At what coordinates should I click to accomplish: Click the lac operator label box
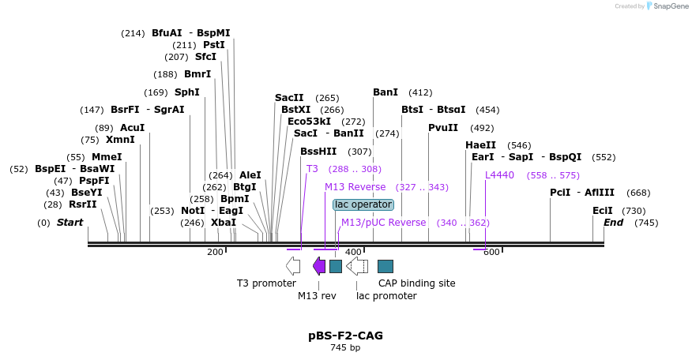tap(363, 204)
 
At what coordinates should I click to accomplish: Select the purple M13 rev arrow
tap(319, 266)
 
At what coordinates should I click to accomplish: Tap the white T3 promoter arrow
tap(293, 266)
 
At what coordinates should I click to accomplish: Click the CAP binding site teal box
tap(385, 266)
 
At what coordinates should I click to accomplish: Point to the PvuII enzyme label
tap(443, 128)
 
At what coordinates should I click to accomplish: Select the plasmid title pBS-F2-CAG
tap(345, 336)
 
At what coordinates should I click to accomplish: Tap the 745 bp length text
tap(345, 347)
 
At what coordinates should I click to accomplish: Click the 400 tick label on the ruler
tap(353, 252)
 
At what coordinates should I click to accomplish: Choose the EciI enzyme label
tap(603, 211)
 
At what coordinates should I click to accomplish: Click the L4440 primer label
tap(499, 175)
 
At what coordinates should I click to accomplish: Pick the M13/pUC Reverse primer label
tap(383, 223)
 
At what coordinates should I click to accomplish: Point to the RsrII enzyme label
tap(83, 204)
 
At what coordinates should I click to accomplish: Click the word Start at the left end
tap(70, 223)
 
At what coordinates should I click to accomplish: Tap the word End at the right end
tap(614, 223)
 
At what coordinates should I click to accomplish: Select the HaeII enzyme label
tap(480, 145)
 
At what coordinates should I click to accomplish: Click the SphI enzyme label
tap(187, 92)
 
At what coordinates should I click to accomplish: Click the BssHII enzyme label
tap(318, 152)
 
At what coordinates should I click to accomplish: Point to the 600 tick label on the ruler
tap(491, 252)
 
